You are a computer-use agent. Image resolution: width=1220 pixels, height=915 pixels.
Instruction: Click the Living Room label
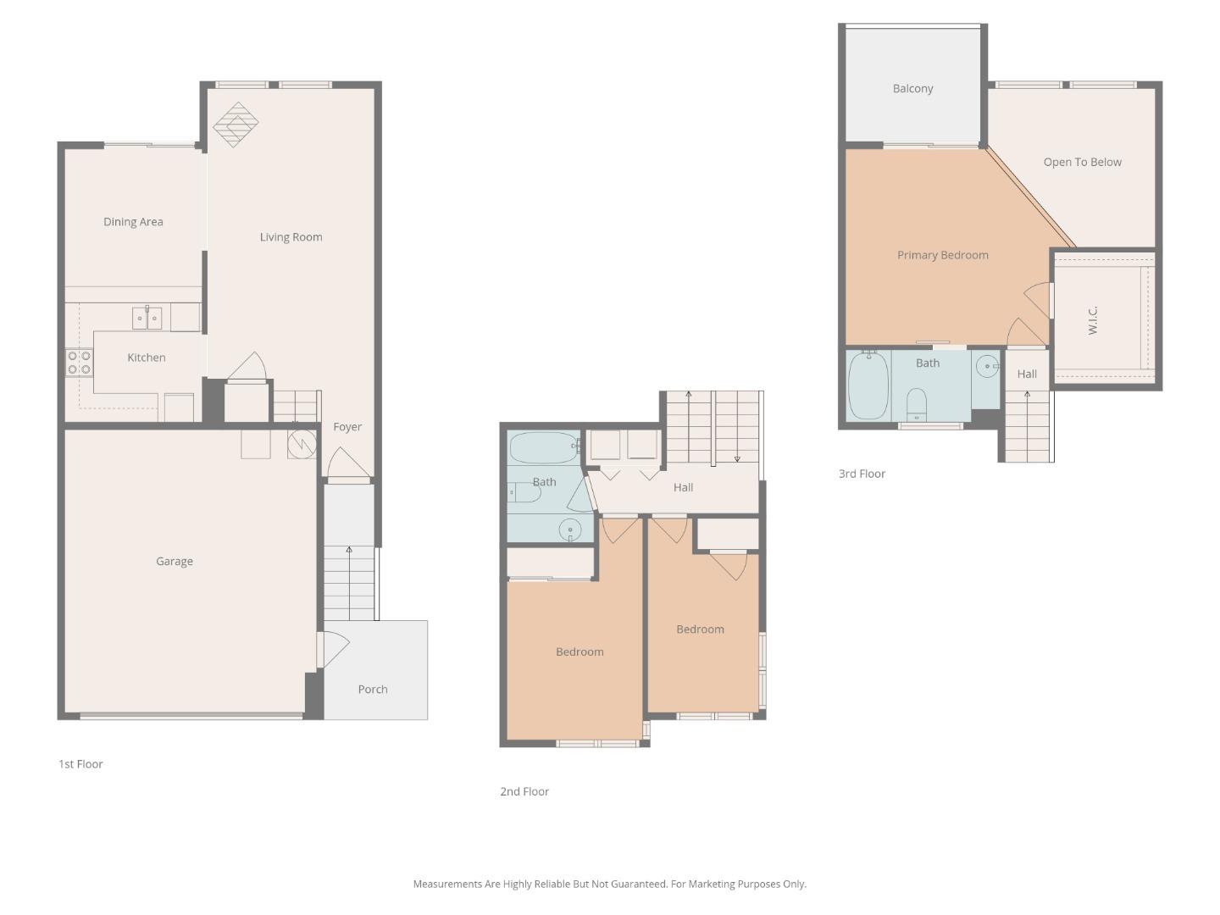coord(291,237)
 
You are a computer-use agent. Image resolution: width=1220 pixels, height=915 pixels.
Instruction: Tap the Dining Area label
coord(133,222)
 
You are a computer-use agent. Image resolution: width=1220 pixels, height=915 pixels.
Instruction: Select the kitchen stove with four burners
coord(79,363)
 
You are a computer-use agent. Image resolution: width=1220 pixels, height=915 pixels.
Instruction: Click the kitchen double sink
coord(147,318)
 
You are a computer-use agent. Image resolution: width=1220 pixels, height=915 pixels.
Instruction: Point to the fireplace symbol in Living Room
coord(236,125)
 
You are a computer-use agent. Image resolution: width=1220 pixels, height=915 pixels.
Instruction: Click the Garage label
coord(175,561)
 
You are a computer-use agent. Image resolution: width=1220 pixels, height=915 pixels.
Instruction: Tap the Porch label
coord(373,690)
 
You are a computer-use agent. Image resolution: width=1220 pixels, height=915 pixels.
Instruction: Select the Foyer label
coord(347,427)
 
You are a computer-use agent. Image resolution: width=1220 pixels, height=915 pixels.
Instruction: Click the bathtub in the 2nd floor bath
coord(544,447)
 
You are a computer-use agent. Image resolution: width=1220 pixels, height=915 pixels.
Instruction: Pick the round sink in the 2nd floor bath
coord(570,530)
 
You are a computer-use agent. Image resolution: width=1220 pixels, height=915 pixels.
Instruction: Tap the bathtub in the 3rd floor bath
coord(868,385)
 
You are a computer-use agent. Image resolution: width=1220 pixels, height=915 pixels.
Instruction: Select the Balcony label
coord(912,89)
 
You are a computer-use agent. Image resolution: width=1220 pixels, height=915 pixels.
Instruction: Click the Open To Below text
coord(1082,163)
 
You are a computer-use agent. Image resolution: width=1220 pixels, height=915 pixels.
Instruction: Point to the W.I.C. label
coord(1093,320)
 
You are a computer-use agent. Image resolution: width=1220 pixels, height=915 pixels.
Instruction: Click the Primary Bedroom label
coord(942,255)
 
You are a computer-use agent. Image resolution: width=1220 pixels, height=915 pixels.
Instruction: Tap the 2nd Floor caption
coord(524,791)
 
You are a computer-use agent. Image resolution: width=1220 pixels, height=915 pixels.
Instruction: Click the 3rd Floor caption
coord(862,474)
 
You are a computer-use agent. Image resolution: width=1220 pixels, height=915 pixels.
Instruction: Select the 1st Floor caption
coord(80,764)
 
